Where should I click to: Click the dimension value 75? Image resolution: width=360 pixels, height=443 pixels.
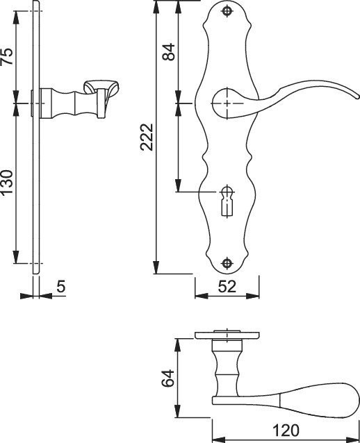[8, 56]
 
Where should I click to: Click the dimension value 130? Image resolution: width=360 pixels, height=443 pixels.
[8, 182]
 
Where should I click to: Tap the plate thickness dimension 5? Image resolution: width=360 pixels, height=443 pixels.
[60, 286]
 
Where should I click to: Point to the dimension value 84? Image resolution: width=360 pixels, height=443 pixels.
[169, 52]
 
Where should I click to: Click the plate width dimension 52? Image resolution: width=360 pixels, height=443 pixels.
[227, 287]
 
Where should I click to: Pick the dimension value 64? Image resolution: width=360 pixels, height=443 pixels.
[168, 378]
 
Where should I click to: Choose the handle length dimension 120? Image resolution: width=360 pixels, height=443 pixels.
[286, 431]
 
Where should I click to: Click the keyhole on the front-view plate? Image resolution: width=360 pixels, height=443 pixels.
[227, 201]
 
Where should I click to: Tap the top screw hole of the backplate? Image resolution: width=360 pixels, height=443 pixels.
[227, 11]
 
